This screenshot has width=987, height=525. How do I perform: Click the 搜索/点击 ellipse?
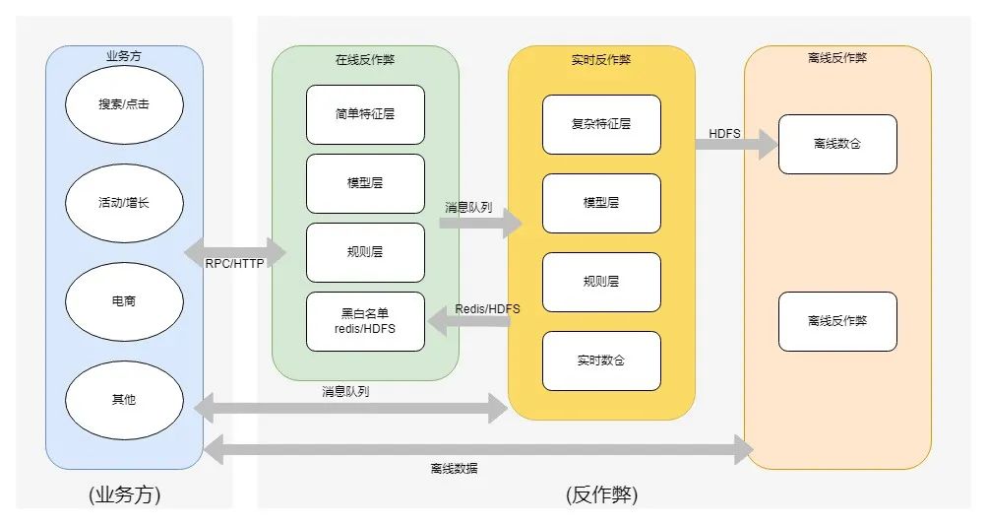124,104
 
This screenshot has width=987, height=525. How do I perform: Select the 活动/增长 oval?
124,203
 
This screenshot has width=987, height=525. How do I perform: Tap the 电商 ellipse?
124,301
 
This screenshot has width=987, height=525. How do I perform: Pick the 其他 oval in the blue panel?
124,400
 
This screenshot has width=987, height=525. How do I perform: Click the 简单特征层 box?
365,114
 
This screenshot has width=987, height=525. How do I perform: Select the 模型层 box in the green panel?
365,183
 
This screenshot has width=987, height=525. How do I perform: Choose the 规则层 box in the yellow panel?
601,282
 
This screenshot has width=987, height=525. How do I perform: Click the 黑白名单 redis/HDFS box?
365,321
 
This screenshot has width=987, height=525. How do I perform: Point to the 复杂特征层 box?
601,124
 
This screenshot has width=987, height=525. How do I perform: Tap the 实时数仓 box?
601,361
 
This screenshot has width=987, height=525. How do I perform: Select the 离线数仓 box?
837,144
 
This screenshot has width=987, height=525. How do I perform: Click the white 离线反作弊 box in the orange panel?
837,321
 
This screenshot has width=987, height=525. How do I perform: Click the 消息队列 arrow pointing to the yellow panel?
480,224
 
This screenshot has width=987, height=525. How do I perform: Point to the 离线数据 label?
454,469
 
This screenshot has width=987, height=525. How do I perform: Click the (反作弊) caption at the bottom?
601,494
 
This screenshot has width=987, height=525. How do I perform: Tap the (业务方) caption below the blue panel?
124,494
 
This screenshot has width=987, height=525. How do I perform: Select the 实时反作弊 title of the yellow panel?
601,59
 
